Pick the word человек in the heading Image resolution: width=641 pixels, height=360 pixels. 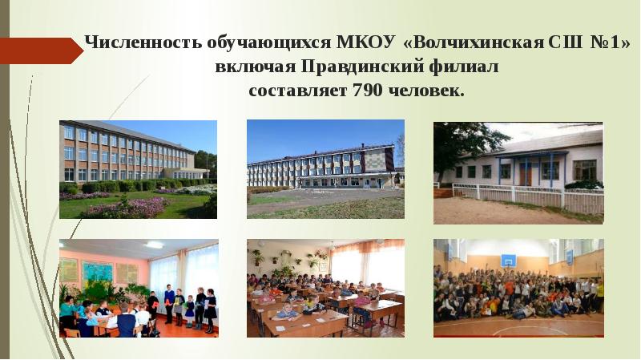[425, 90]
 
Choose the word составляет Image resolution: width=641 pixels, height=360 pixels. [298, 90]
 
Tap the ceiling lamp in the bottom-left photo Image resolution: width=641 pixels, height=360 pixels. [154, 245]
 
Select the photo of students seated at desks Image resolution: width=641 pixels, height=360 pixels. [325, 289]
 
